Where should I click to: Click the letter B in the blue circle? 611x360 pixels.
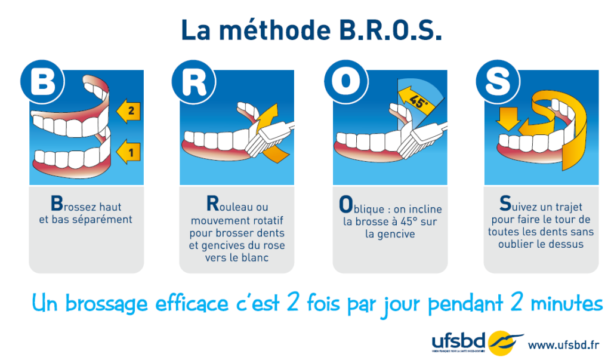pyautogui.click(x=42, y=82)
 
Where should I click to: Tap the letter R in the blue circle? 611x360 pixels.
pyautogui.click(x=193, y=82)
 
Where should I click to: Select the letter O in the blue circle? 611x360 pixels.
pyautogui.click(x=345, y=82)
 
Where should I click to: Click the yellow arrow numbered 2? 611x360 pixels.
pyautogui.click(x=128, y=110)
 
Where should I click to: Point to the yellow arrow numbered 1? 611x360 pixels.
pyautogui.click(x=128, y=150)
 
